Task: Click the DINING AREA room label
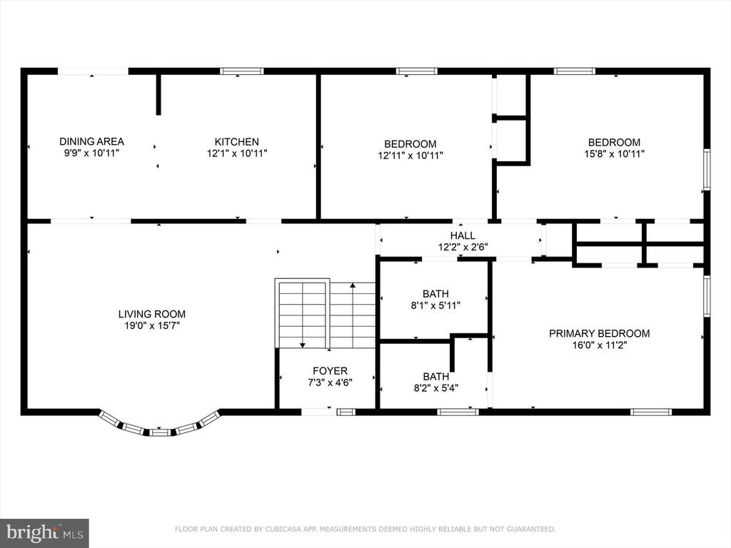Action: pyautogui.click(x=91, y=141)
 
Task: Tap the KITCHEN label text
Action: pyautogui.click(x=236, y=142)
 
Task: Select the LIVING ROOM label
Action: pyautogui.click(x=151, y=314)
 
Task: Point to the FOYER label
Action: pyautogui.click(x=330, y=371)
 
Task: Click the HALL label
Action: pyautogui.click(x=463, y=235)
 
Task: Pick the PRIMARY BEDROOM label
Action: pyautogui.click(x=599, y=333)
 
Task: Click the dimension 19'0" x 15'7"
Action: pyautogui.click(x=151, y=325)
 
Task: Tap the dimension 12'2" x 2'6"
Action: pyautogui.click(x=463, y=247)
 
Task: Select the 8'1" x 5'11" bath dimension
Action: pyautogui.click(x=435, y=305)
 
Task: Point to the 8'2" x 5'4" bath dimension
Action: pyautogui.click(x=436, y=387)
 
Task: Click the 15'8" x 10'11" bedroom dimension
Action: pyautogui.click(x=614, y=154)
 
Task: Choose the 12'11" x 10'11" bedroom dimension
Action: pyautogui.click(x=410, y=155)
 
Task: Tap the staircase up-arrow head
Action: pyautogui.click(x=353, y=285)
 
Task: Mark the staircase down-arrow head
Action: pyautogui.click(x=303, y=345)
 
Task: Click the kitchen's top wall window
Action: pyautogui.click(x=241, y=71)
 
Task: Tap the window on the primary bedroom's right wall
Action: pyautogui.click(x=707, y=296)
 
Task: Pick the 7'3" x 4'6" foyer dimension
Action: pyautogui.click(x=330, y=382)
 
